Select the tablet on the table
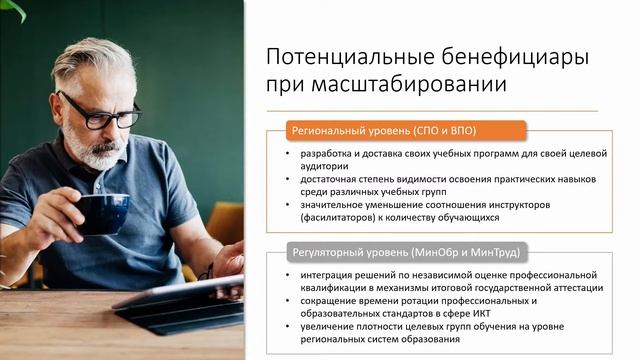click(x=185, y=305)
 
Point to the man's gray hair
click(x=95, y=60)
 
